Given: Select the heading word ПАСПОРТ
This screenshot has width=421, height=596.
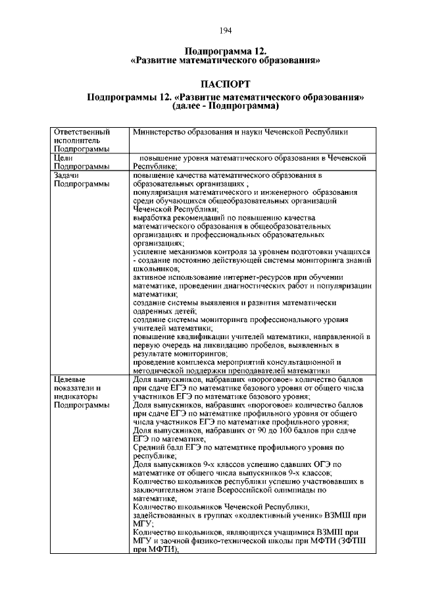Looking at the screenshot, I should [226, 85].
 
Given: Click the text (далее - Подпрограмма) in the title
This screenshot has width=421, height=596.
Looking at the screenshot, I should [226, 105].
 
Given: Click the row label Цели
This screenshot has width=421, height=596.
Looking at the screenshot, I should [64, 158].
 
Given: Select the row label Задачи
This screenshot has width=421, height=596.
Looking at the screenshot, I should [68, 175].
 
